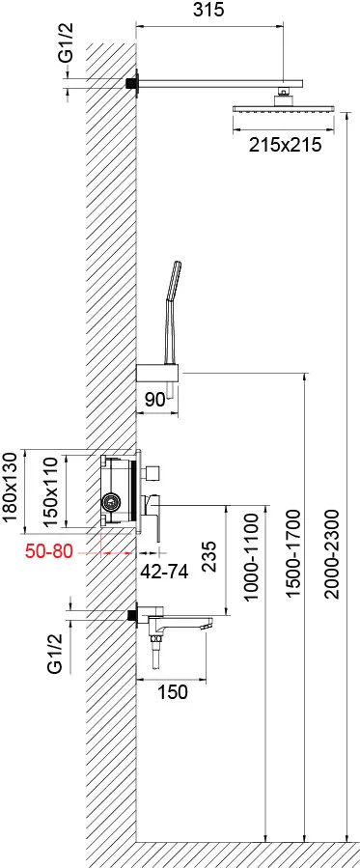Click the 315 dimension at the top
[x=209, y=10]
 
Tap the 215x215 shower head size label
[x=285, y=145]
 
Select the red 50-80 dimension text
[x=49, y=552]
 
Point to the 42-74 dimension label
[x=164, y=572]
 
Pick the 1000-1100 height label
[x=251, y=557]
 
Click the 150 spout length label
[x=173, y=691]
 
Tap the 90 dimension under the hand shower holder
[x=154, y=400]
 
